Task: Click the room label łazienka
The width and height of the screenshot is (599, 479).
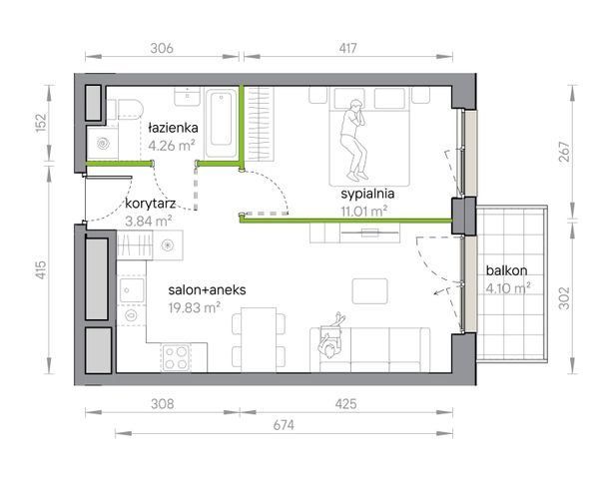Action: click(173, 128)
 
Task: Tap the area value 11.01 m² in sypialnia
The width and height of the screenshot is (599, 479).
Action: click(364, 212)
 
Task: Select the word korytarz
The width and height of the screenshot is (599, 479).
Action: click(150, 204)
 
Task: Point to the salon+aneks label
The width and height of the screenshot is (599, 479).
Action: click(207, 290)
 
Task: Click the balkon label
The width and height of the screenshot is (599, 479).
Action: click(506, 270)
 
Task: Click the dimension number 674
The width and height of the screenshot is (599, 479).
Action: click(284, 425)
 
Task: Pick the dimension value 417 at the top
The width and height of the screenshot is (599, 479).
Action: click(347, 48)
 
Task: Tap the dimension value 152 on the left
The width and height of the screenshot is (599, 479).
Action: click(41, 123)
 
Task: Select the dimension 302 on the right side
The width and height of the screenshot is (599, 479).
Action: click(564, 298)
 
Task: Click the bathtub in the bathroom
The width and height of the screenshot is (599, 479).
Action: click(222, 123)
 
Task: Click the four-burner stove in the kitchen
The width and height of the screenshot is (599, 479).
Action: click(176, 358)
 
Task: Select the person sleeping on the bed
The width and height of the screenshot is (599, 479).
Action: click(353, 140)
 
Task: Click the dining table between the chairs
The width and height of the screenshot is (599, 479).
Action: click(259, 339)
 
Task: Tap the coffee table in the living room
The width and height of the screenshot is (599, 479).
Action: click(369, 291)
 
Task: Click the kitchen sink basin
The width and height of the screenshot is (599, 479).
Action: click(132, 290)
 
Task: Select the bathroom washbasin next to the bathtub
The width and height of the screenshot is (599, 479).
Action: click(188, 97)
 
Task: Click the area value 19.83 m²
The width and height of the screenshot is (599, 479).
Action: click(194, 307)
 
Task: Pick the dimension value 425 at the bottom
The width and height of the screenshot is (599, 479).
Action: click(346, 404)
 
